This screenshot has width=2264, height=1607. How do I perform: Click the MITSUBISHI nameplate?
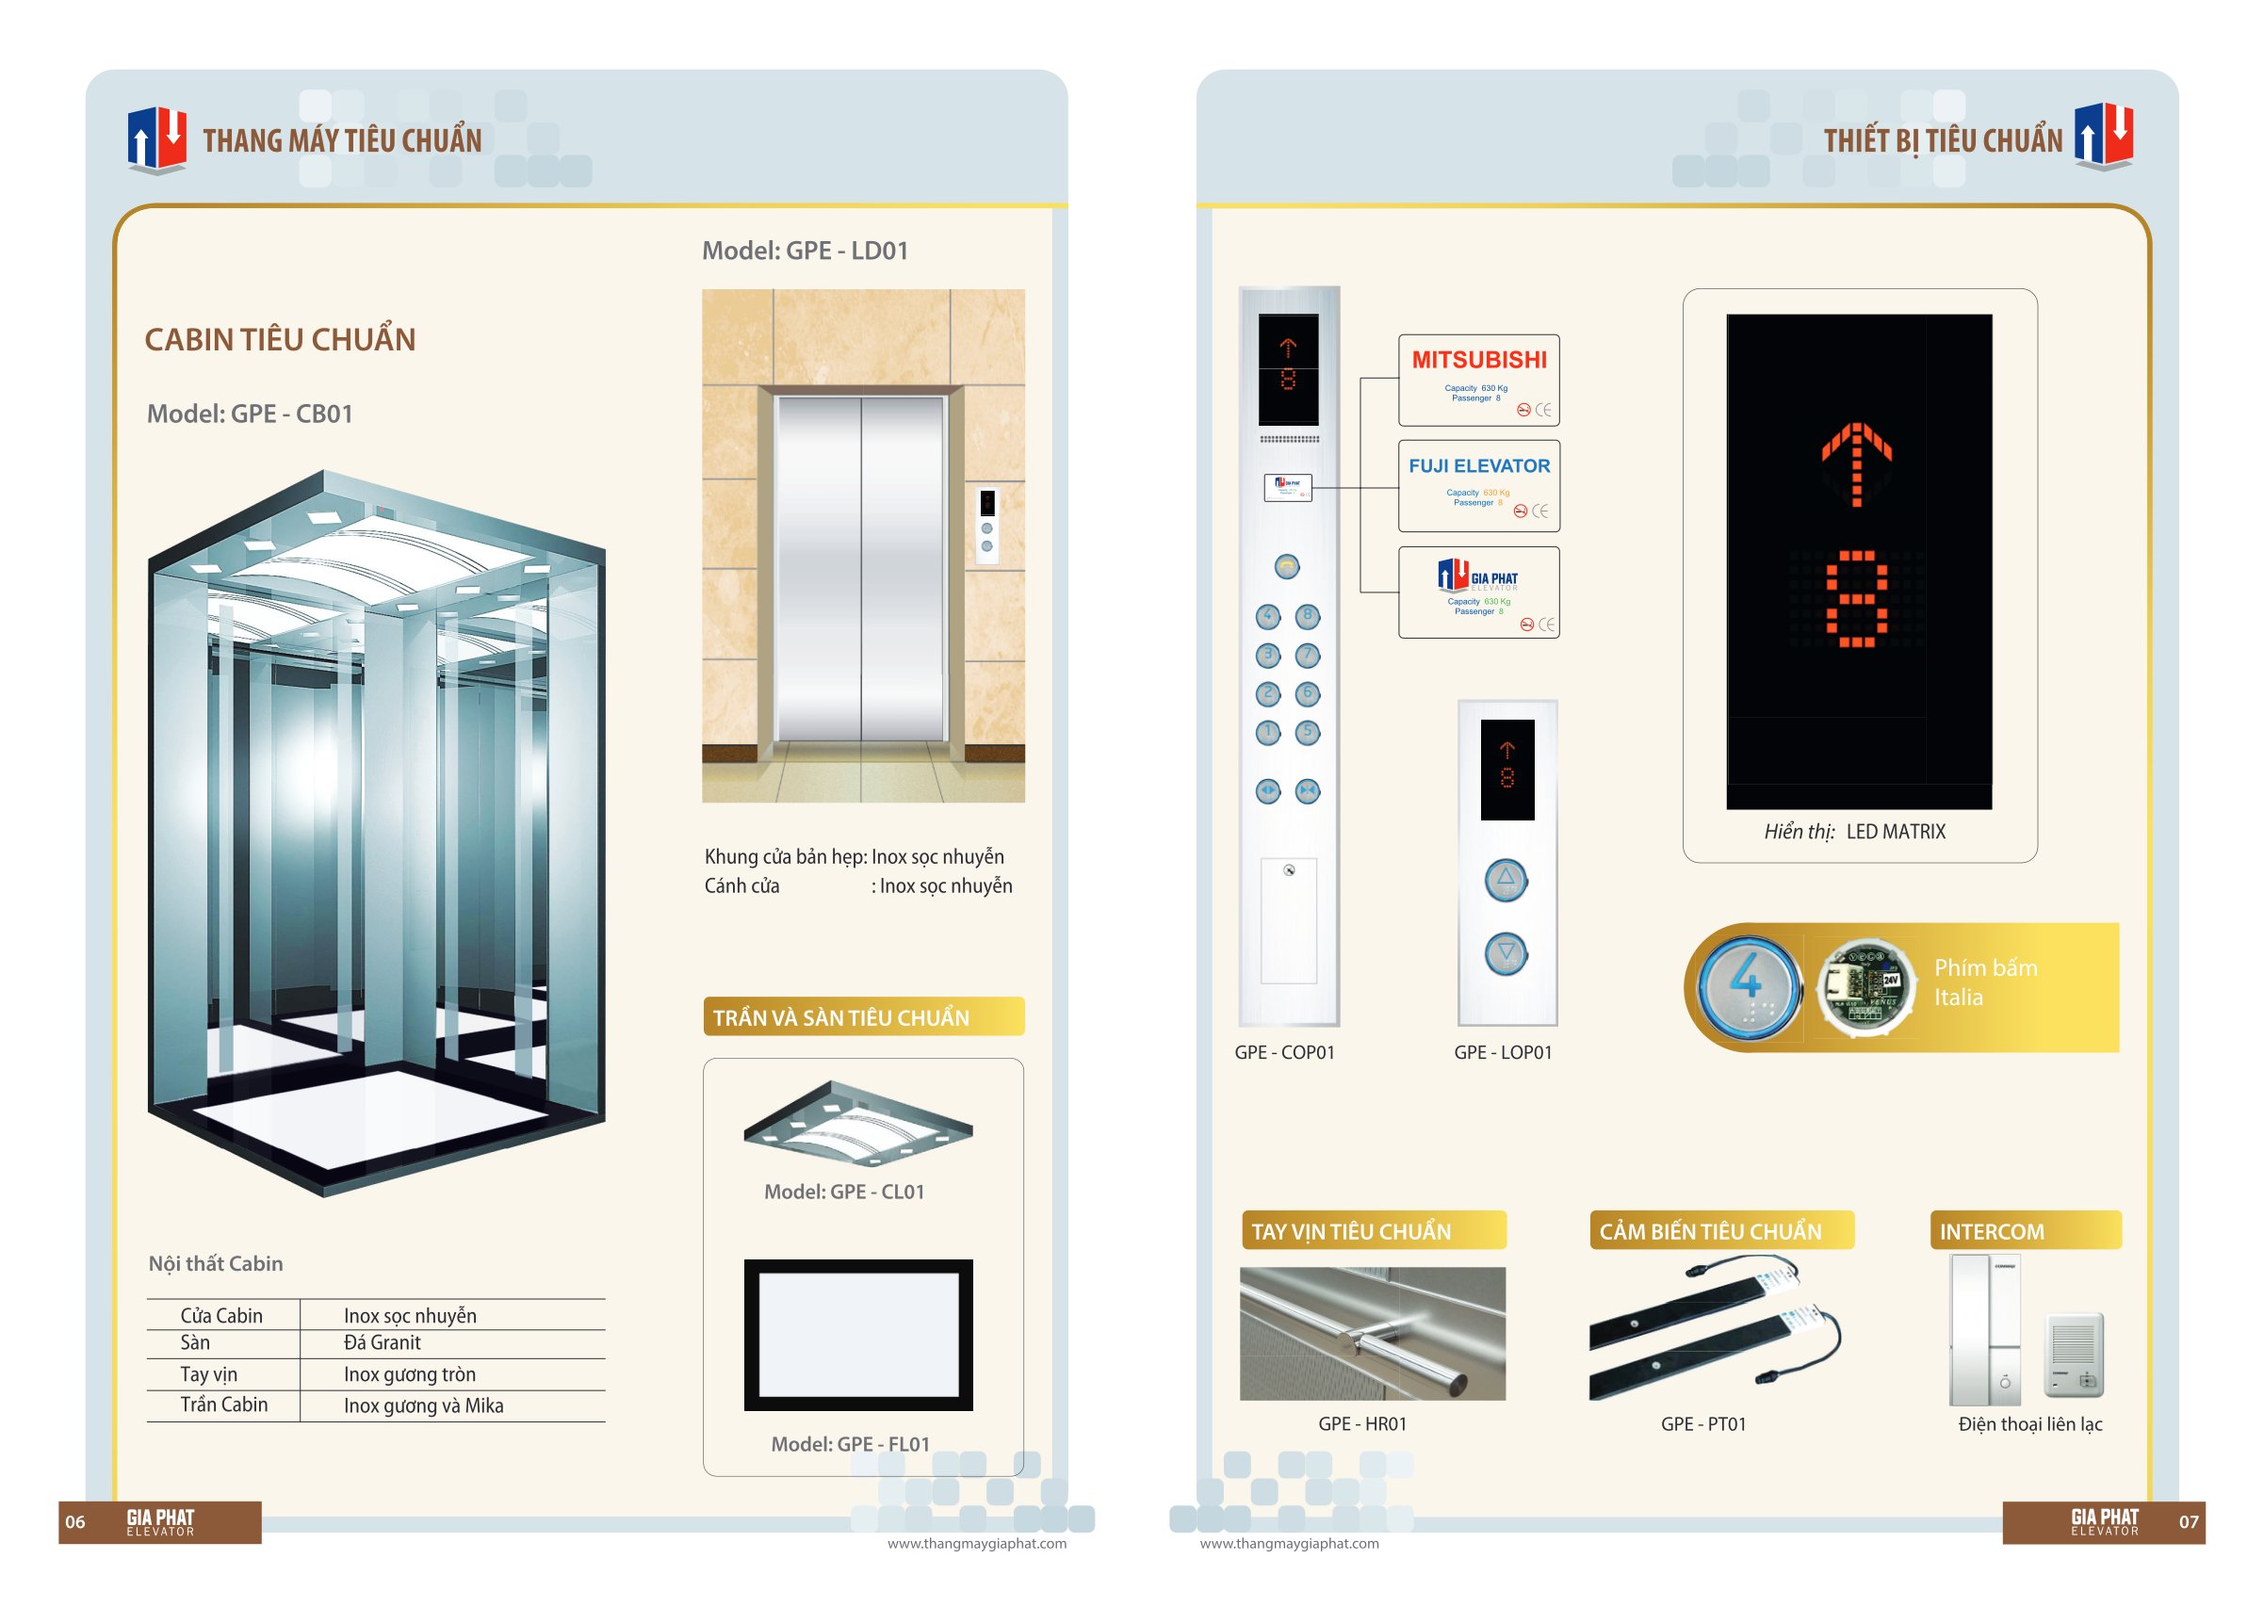[x=1478, y=380]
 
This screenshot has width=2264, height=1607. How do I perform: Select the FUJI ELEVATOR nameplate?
[x=1478, y=486]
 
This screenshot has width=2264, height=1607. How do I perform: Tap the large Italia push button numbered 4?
[x=1747, y=986]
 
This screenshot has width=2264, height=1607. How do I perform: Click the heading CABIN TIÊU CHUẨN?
[x=280, y=339]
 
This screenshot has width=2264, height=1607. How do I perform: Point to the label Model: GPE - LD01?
[x=805, y=252]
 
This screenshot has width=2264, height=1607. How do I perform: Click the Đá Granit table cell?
[x=382, y=1343]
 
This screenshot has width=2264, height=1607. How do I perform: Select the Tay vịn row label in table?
[x=209, y=1374]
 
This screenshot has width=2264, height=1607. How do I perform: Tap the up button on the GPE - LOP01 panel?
[x=1506, y=879]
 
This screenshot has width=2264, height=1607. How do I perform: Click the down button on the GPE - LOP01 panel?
[x=1506, y=954]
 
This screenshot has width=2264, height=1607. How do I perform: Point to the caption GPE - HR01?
[x=1361, y=1424]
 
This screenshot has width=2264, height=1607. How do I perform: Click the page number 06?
[x=75, y=1522]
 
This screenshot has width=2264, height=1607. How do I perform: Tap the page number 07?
[x=2189, y=1522]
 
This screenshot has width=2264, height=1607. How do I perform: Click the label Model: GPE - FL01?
[x=850, y=1445]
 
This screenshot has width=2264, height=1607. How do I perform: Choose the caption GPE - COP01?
[x=1284, y=1053]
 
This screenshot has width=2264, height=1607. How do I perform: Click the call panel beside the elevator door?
[x=986, y=526]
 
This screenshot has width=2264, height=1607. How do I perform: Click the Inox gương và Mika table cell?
[x=424, y=1406]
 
